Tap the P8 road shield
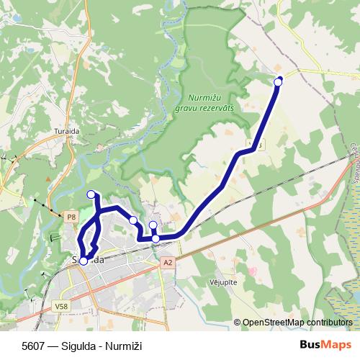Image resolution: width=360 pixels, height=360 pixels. [71, 216]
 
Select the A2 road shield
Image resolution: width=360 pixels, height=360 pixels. [168, 264]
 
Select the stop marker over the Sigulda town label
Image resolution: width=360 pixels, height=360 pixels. [84, 261]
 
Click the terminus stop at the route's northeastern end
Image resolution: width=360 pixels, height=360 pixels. [279, 82]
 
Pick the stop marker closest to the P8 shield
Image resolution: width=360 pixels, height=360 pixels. [91, 194]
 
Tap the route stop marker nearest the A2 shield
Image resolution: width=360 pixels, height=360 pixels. [156, 238]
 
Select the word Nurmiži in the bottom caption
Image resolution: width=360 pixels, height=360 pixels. [125, 346]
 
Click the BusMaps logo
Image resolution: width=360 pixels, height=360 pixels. [325, 346]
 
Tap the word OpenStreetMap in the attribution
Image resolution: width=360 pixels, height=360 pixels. [273, 323]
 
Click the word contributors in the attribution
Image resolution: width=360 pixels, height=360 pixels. [328, 323]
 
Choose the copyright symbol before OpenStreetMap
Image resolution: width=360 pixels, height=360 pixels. [238, 323]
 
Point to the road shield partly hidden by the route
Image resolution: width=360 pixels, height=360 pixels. [256, 145]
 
